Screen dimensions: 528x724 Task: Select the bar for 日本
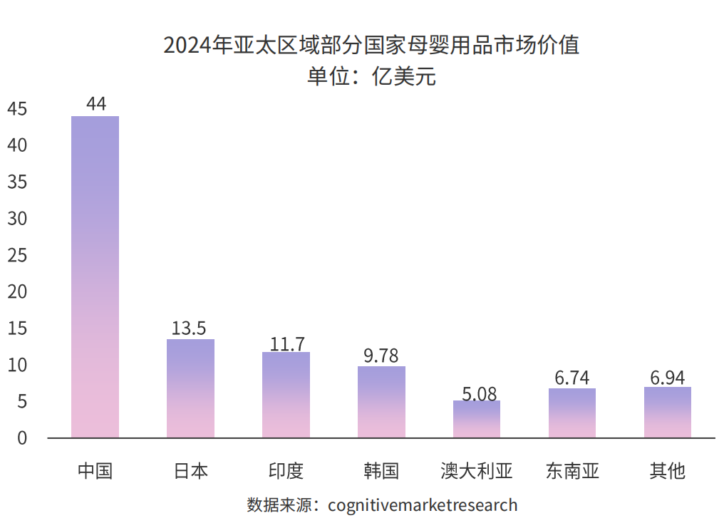190,388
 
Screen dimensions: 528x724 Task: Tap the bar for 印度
286,395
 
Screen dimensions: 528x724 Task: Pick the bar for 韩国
381,402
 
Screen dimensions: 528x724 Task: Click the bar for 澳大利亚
477,419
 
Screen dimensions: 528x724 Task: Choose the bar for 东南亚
572,413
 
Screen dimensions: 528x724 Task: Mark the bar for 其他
668,413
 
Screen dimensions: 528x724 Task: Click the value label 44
95,104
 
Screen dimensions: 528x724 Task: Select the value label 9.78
381,356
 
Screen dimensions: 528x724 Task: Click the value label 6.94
668,377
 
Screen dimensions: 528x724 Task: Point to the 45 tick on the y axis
17,109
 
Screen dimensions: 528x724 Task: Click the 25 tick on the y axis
17,255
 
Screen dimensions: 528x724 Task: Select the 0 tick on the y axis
21,438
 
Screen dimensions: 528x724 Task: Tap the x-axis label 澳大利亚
477,471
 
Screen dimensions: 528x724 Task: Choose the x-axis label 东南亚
572,471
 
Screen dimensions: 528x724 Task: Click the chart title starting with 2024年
371,45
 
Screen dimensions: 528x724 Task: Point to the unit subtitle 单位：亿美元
371,76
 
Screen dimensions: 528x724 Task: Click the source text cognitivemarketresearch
423,505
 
